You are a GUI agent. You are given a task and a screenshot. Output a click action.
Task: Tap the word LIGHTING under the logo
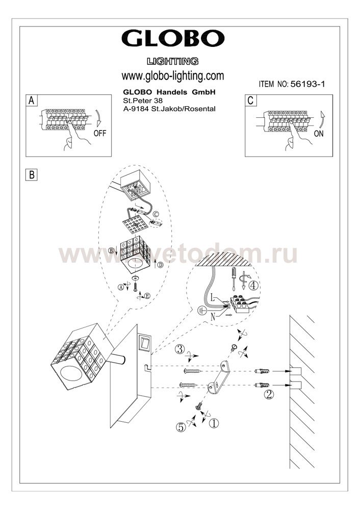[172, 61]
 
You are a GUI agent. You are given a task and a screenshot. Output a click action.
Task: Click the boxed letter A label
[32, 100]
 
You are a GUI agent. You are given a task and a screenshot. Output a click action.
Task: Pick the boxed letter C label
[250, 100]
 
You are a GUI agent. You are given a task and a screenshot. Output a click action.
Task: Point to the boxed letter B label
[32, 174]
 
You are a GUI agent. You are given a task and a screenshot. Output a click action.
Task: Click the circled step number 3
[179, 350]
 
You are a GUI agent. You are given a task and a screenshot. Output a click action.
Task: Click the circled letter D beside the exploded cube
[160, 265]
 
